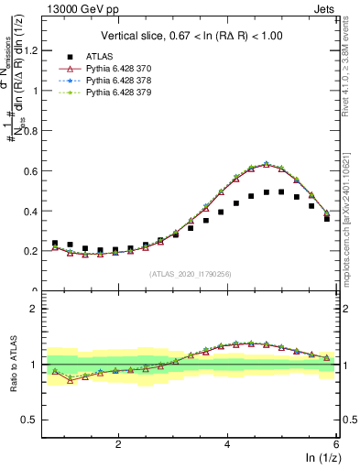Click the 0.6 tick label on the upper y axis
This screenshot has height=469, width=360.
click(x=34, y=170)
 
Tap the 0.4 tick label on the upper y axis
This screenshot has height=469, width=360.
click(x=34, y=211)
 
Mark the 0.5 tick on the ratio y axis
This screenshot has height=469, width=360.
click(x=34, y=420)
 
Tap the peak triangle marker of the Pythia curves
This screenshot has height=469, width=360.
click(x=266, y=164)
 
